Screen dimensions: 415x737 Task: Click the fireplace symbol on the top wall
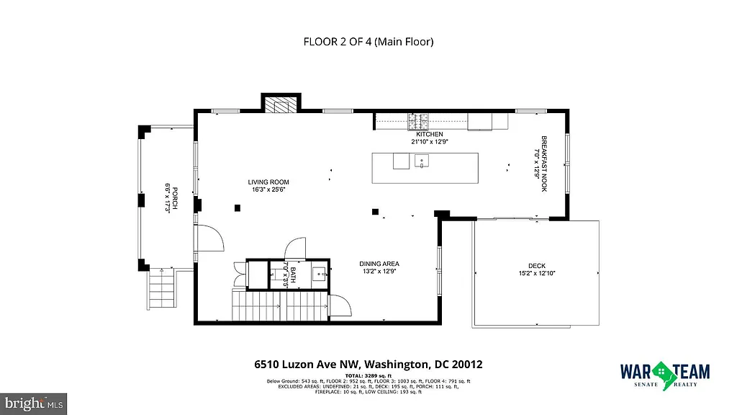click(280, 106)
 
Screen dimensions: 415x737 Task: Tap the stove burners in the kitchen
click(417, 121)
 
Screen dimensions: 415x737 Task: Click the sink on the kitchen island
click(422, 161)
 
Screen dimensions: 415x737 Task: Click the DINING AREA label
click(379, 264)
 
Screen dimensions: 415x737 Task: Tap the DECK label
click(537, 265)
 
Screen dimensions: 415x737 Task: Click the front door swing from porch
click(209, 239)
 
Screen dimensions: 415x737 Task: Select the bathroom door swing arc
click(296, 248)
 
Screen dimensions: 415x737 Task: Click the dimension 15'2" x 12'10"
click(536, 273)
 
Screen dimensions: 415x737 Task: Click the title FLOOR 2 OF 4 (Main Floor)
click(368, 42)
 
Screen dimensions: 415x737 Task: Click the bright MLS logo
click(34, 403)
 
